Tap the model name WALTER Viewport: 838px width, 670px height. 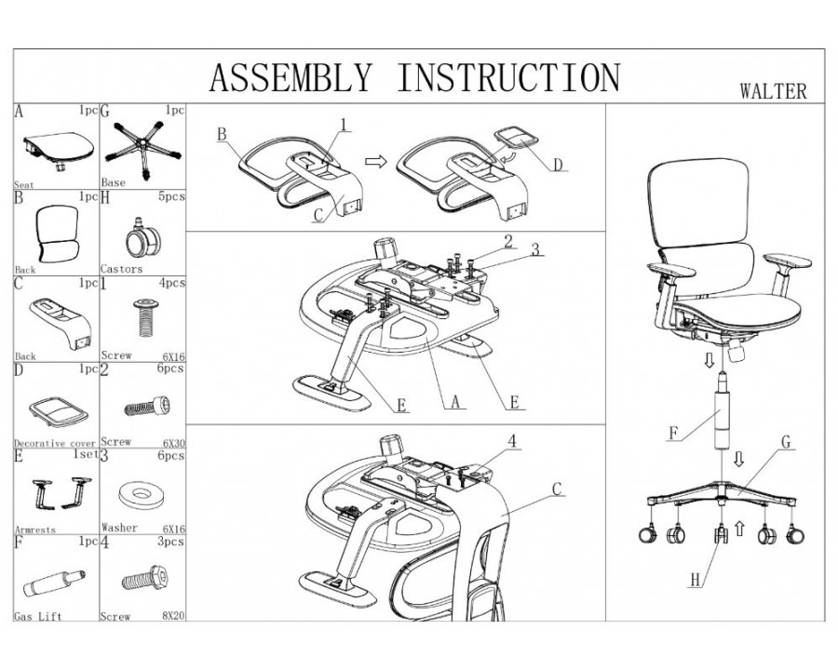point(772,92)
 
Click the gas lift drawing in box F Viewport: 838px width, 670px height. point(53,584)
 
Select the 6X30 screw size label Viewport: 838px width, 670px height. point(170,443)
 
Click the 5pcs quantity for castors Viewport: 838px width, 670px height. point(172,197)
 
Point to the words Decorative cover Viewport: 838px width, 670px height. point(55,443)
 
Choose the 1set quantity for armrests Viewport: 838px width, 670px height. point(82,456)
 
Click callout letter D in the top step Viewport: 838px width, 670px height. point(558,166)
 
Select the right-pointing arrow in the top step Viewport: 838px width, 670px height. point(374,162)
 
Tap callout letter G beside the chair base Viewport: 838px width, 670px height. point(787,443)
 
